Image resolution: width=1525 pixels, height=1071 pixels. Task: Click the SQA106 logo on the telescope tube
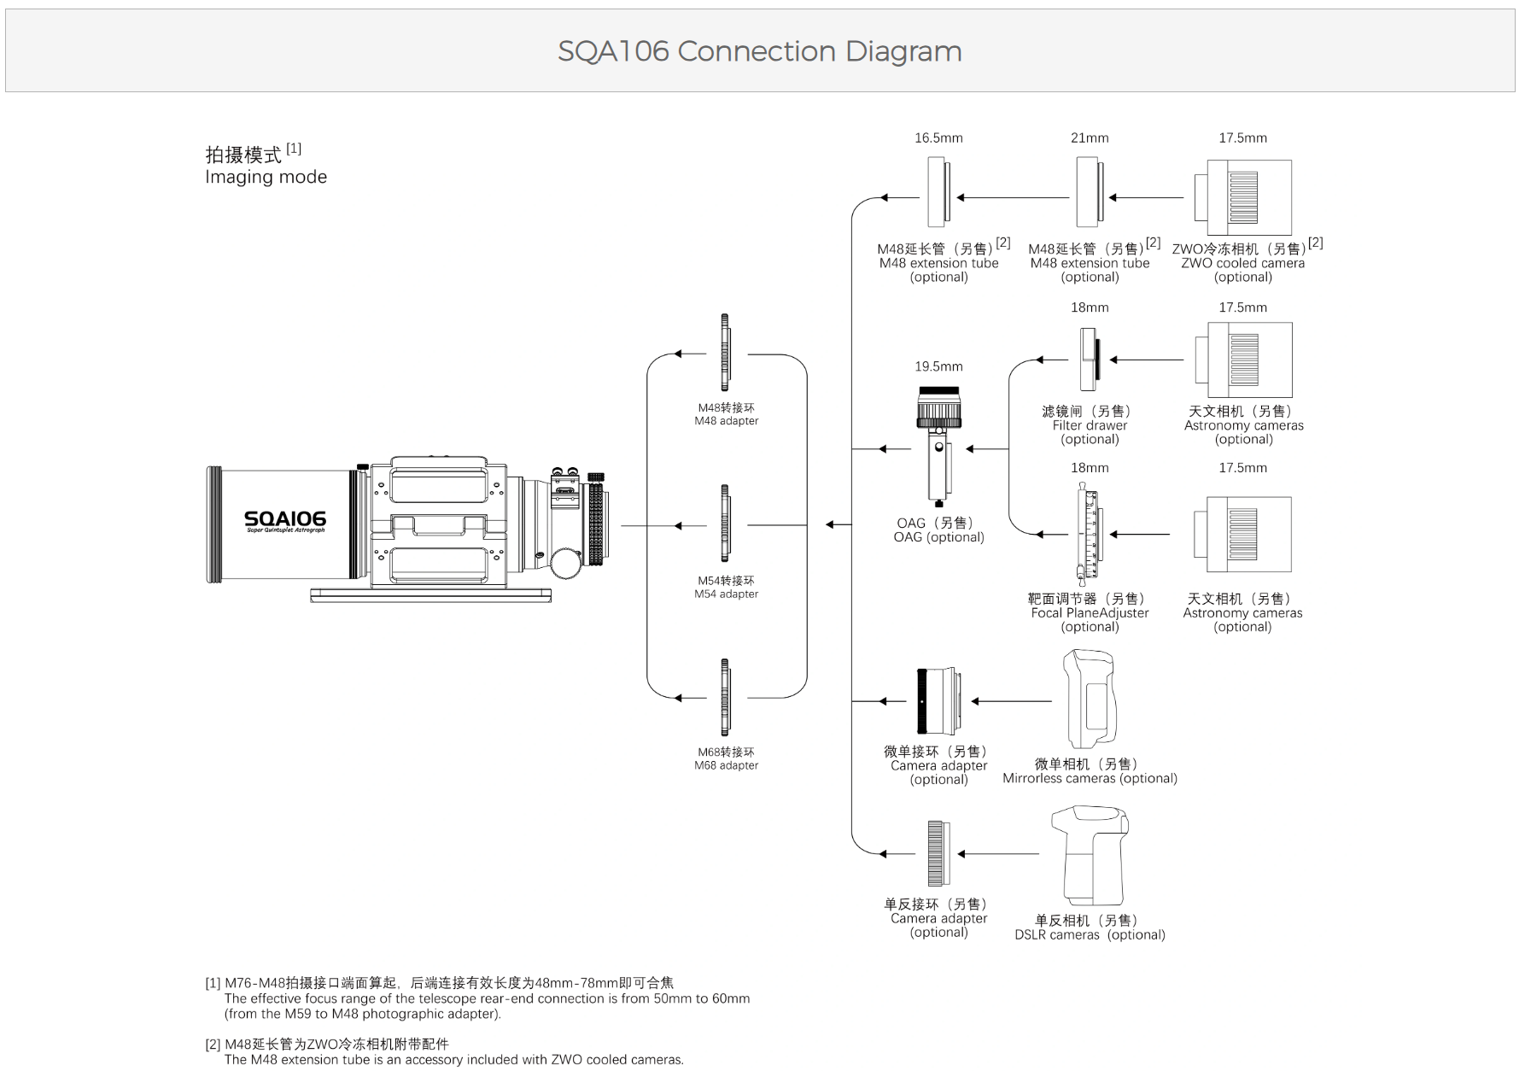pos(284,519)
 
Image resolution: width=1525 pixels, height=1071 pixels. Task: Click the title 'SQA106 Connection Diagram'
pos(759,51)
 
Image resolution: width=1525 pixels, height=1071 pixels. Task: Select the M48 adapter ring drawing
pos(725,354)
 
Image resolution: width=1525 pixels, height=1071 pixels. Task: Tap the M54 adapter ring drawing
pos(725,524)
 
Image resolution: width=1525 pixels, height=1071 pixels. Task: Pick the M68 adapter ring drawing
pos(725,698)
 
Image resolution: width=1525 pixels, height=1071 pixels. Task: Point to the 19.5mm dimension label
pos(938,366)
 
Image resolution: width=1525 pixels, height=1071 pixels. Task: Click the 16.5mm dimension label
pos(938,138)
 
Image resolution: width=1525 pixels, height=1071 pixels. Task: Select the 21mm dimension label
pos(1090,138)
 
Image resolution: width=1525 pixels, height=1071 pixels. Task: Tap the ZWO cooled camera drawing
pos(1243,197)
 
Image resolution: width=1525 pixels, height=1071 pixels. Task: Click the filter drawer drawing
pos(1089,360)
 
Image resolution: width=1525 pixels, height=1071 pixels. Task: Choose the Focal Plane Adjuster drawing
pos(1089,535)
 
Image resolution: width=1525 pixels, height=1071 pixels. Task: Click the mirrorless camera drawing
pos(1090,700)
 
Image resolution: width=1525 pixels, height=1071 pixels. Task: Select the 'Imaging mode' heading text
pos(266,177)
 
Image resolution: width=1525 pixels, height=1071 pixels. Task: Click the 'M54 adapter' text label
pos(726,594)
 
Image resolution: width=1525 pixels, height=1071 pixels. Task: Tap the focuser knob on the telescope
pos(564,563)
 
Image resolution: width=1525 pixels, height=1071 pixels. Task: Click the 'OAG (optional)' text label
pos(938,537)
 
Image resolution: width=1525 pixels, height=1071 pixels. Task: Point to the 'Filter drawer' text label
pos(1090,425)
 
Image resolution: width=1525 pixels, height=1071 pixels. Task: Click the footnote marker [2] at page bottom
pos(213,1045)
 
